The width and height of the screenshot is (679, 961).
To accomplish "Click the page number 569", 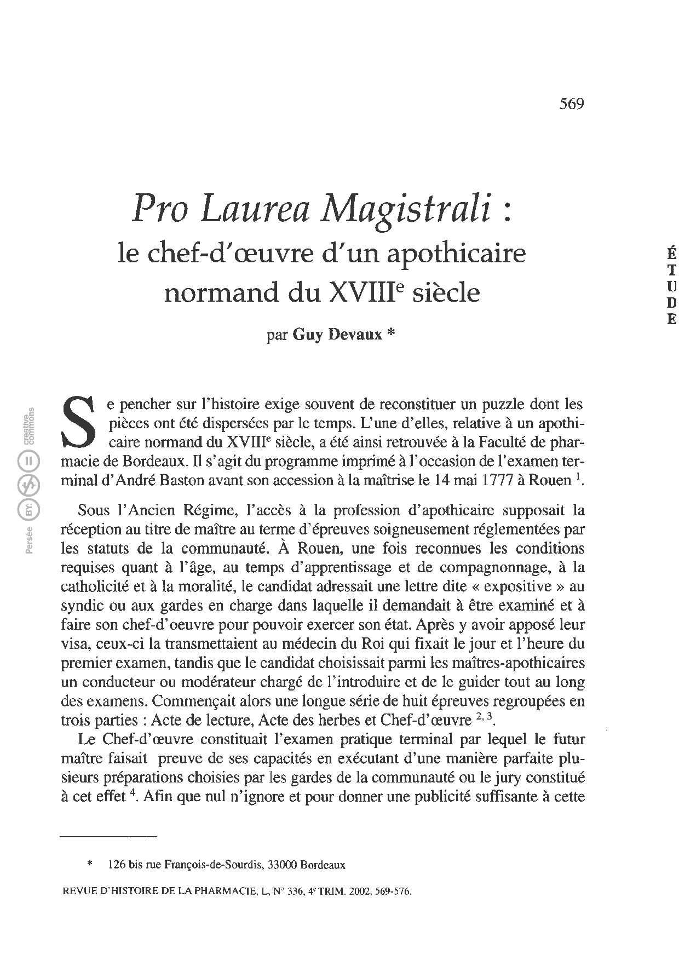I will coord(572,103).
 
